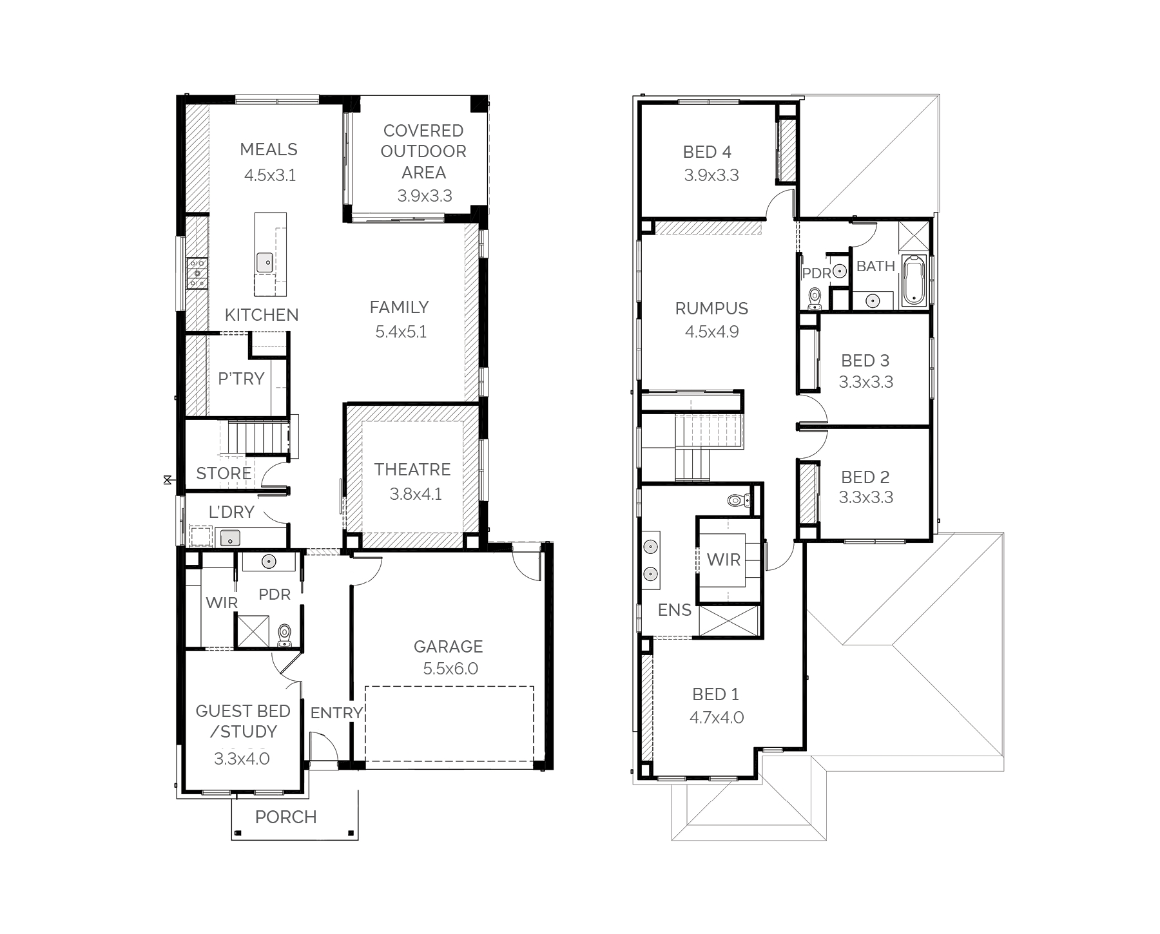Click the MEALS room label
tap(269, 149)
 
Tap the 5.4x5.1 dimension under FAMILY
tap(401, 332)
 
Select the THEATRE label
tap(412, 470)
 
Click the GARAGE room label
tap(448, 646)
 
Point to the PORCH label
tap(286, 817)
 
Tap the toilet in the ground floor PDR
tap(284, 635)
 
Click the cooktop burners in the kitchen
tap(197, 272)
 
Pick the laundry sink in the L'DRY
tap(230, 537)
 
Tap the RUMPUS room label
tap(711, 309)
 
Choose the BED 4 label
tap(707, 152)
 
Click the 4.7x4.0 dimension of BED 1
tap(717, 718)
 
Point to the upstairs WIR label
tap(724, 560)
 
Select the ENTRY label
tap(336, 712)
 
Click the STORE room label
tap(224, 473)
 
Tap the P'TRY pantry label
tap(241, 379)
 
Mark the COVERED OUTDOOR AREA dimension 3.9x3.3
tap(425, 196)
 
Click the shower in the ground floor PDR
tap(252, 631)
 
